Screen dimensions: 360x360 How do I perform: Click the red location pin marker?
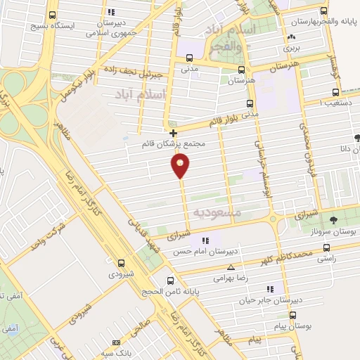(180, 166)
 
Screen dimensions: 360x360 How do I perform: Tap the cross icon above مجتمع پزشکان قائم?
(173, 132)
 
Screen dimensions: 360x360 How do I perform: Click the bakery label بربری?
(290, 50)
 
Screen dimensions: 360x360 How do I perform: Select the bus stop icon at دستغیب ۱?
(335, 91)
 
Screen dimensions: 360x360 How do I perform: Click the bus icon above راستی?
(326, 247)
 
